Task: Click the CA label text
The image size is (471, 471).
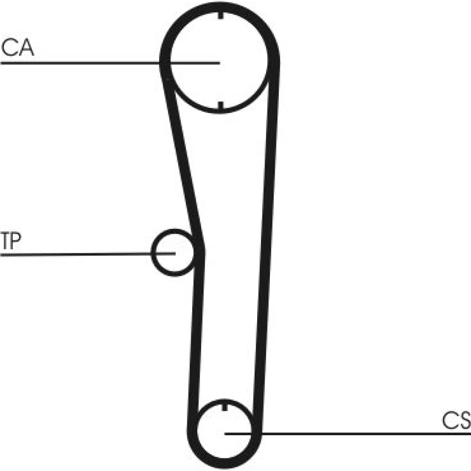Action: (17, 48)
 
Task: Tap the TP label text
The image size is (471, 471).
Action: (11, 241)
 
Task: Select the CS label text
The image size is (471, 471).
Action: (456, 420)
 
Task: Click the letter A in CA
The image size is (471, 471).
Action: (26, 48)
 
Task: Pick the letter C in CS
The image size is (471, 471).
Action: (449, 420)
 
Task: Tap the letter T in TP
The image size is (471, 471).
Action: (5, 241)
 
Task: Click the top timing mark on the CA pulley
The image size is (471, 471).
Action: (220, 15)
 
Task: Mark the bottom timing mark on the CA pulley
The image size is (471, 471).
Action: (220, 106)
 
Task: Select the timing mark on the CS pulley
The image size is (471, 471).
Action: (225, 407)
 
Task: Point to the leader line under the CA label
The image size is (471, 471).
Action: (110, 63)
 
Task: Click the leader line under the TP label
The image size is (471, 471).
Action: (88, 254)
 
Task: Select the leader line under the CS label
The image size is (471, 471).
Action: (348, 434)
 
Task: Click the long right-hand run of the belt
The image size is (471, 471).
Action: (268, 240)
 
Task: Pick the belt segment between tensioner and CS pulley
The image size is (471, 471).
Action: (196, 340)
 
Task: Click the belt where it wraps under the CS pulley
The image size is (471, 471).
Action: (224, 464)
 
